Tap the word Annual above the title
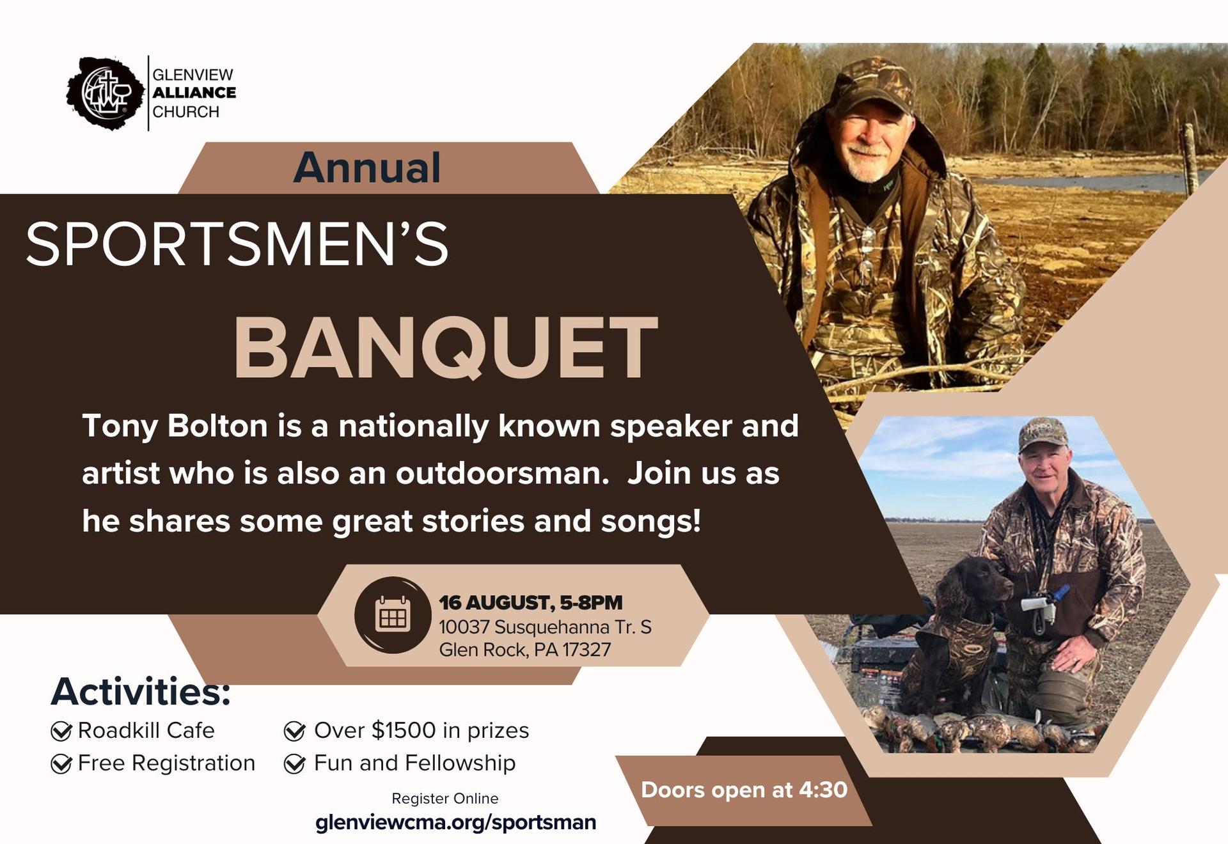click(367, 168)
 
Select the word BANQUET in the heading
click(446, 348)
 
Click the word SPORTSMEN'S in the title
click(237, 244)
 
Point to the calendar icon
click(393, 615)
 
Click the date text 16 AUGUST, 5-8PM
click(530, 602)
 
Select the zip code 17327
click(586, 650)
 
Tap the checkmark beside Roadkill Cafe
click(61, 731)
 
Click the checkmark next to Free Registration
click(61, 763)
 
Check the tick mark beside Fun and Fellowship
click(294, 763)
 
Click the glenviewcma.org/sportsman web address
click(456, 822)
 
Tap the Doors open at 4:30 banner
click(744, 790)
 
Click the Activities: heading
click(141, 692)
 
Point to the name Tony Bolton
click(175, 426)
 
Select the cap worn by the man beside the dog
click(1043, 435)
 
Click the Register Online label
click(445, 799)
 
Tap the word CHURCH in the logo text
click(185, 112)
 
